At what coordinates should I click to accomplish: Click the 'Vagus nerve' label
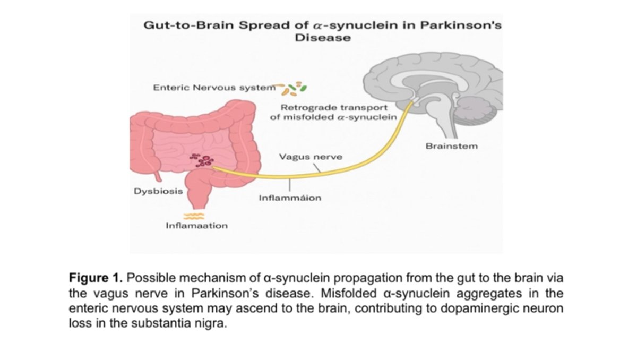pos(311,157)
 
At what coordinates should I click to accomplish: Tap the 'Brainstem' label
pos(452,146)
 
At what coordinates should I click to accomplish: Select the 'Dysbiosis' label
pos(158,191)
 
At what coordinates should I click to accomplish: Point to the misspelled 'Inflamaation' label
pos(197,226)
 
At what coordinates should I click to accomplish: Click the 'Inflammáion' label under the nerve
pos(290,198)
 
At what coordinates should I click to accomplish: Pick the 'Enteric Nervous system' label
pos(214,88)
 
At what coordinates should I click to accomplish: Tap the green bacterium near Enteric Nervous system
pos(304,88)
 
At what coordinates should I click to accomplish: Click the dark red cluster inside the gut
pos(201,161)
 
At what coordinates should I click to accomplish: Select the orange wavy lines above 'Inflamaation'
pos(194,216)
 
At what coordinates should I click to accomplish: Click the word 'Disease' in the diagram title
pos(323,38)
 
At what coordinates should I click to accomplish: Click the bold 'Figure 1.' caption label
pos(96,278)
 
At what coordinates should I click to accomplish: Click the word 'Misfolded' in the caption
pos(349,293)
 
